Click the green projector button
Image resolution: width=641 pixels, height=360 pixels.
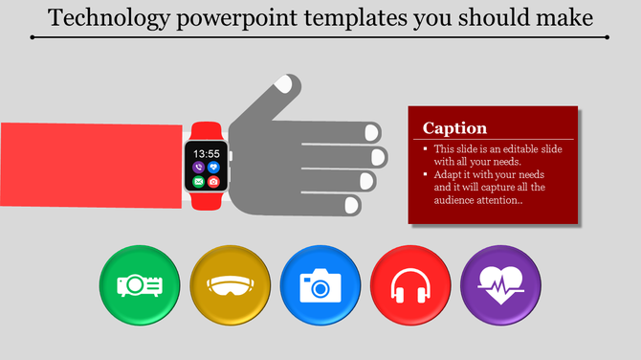139,284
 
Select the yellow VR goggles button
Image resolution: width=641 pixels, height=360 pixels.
230,284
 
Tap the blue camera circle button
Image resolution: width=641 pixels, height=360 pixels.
320,284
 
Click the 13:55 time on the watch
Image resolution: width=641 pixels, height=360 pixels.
206,153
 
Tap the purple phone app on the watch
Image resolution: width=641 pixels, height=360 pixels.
198,167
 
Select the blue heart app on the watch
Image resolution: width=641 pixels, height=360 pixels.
213,167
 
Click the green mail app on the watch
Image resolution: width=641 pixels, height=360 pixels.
198,181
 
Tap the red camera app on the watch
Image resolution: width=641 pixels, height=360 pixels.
213,181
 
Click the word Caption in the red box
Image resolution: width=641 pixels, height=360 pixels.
455,128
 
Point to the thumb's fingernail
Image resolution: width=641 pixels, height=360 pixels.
284,85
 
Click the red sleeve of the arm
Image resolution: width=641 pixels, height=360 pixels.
91,165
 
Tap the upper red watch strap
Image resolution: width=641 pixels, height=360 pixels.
205,131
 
